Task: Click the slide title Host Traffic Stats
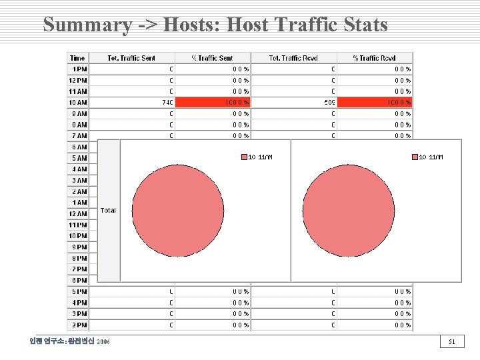tap(215, 25)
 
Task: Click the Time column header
tap(77, 58)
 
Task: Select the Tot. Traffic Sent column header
tap(131, 58)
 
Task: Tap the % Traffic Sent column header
tap(213, 58)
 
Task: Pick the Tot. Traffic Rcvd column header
tap(293, 58)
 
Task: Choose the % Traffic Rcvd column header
tap(374, 58)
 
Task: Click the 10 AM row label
tap(77, 103)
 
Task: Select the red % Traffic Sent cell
tap(213, 103)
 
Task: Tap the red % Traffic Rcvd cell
tap(375, 103)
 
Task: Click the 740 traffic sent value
tap(167, 103)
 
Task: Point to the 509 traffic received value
tap(329, 103)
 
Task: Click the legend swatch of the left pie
tap(244, 157)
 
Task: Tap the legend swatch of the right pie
tap(415, 157)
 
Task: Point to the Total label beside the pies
tap(108, 210)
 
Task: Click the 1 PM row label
tap(79, 69)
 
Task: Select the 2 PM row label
tap(79, 325)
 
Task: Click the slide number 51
tap(451, 342)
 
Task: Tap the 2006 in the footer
tap(103, 342)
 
